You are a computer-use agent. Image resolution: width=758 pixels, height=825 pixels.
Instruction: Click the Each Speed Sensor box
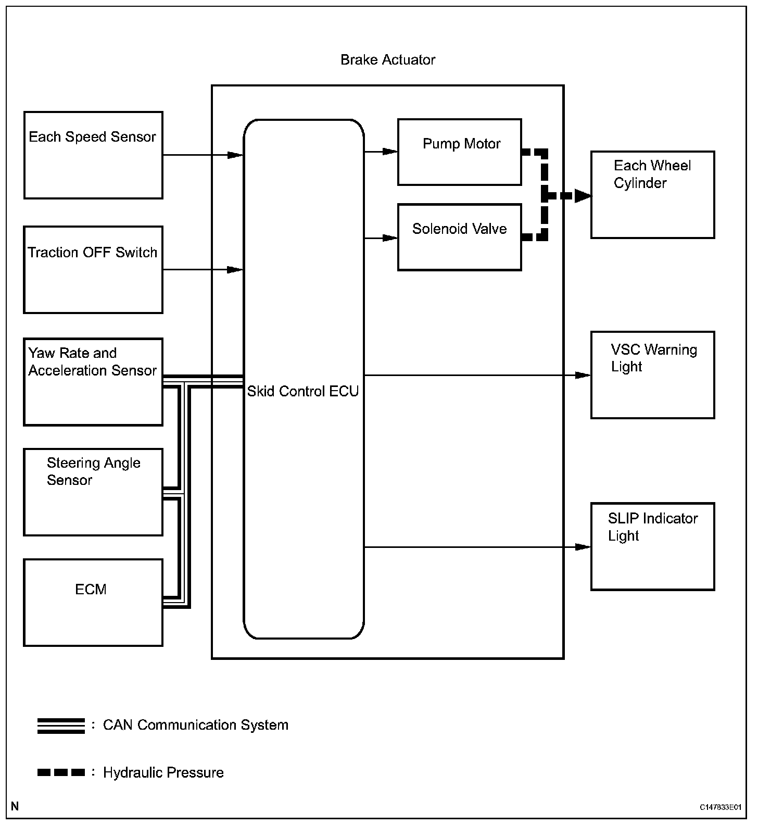[93, 155]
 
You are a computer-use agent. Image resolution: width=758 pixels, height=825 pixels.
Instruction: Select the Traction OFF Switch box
[93, 270]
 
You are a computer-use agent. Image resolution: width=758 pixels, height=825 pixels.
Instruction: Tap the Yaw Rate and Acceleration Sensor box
[93, 382]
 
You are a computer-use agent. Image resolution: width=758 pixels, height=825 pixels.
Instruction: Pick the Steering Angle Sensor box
[93, 492]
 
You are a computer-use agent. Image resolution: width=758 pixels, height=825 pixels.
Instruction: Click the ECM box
[93, 603]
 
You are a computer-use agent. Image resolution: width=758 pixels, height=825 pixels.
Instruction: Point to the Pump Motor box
[460, 152]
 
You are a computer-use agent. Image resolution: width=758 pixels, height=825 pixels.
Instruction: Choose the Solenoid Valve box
[460, 237]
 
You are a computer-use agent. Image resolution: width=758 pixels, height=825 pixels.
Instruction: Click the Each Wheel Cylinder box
[652, 195]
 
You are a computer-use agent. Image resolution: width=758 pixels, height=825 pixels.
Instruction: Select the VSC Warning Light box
[652, 374]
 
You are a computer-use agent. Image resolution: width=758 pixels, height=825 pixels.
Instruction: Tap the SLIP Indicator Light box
[652, 546]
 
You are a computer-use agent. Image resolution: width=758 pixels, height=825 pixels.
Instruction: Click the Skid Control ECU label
[303, 391]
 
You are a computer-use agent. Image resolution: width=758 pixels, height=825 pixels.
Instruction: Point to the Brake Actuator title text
[388, 60]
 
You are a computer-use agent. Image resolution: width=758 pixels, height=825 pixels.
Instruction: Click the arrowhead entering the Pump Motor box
[390, 152]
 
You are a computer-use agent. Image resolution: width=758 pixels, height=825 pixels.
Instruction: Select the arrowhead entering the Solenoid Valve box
[390, 238]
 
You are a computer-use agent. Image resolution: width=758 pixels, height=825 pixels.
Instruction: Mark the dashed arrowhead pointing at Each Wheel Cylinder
[583, 196]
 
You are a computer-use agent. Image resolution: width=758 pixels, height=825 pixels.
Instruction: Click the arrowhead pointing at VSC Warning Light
[583, 375]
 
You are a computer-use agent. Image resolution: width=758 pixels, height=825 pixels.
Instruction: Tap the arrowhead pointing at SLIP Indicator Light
[583, 547]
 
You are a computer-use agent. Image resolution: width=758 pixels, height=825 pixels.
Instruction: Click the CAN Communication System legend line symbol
[61, 726]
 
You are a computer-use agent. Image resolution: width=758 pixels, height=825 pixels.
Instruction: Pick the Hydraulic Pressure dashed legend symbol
[61, 772]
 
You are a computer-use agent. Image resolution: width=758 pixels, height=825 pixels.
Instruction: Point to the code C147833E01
[720, 807]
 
